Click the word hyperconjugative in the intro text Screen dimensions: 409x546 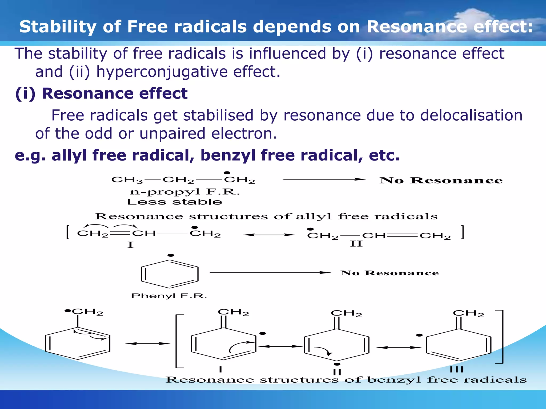point(162,72)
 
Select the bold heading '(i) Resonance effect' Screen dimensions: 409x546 point(101,93)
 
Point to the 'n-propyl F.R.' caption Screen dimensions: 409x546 point(185,192)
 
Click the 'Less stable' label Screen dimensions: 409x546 point(175,202)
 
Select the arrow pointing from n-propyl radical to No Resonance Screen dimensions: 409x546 point(324,179)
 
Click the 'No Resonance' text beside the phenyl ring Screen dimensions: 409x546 point(390,273)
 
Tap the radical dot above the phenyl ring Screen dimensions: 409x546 point(171,255)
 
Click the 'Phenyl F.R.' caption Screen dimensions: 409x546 point(169,296)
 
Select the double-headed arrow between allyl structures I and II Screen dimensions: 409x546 point(269,235)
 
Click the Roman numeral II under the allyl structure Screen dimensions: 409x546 point(356,244)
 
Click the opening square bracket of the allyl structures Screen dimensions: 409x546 point(68,232)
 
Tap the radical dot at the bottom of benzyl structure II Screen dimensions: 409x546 point(337,364)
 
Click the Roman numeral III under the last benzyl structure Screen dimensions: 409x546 point(457,370)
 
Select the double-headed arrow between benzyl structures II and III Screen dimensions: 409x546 point(399,347)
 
